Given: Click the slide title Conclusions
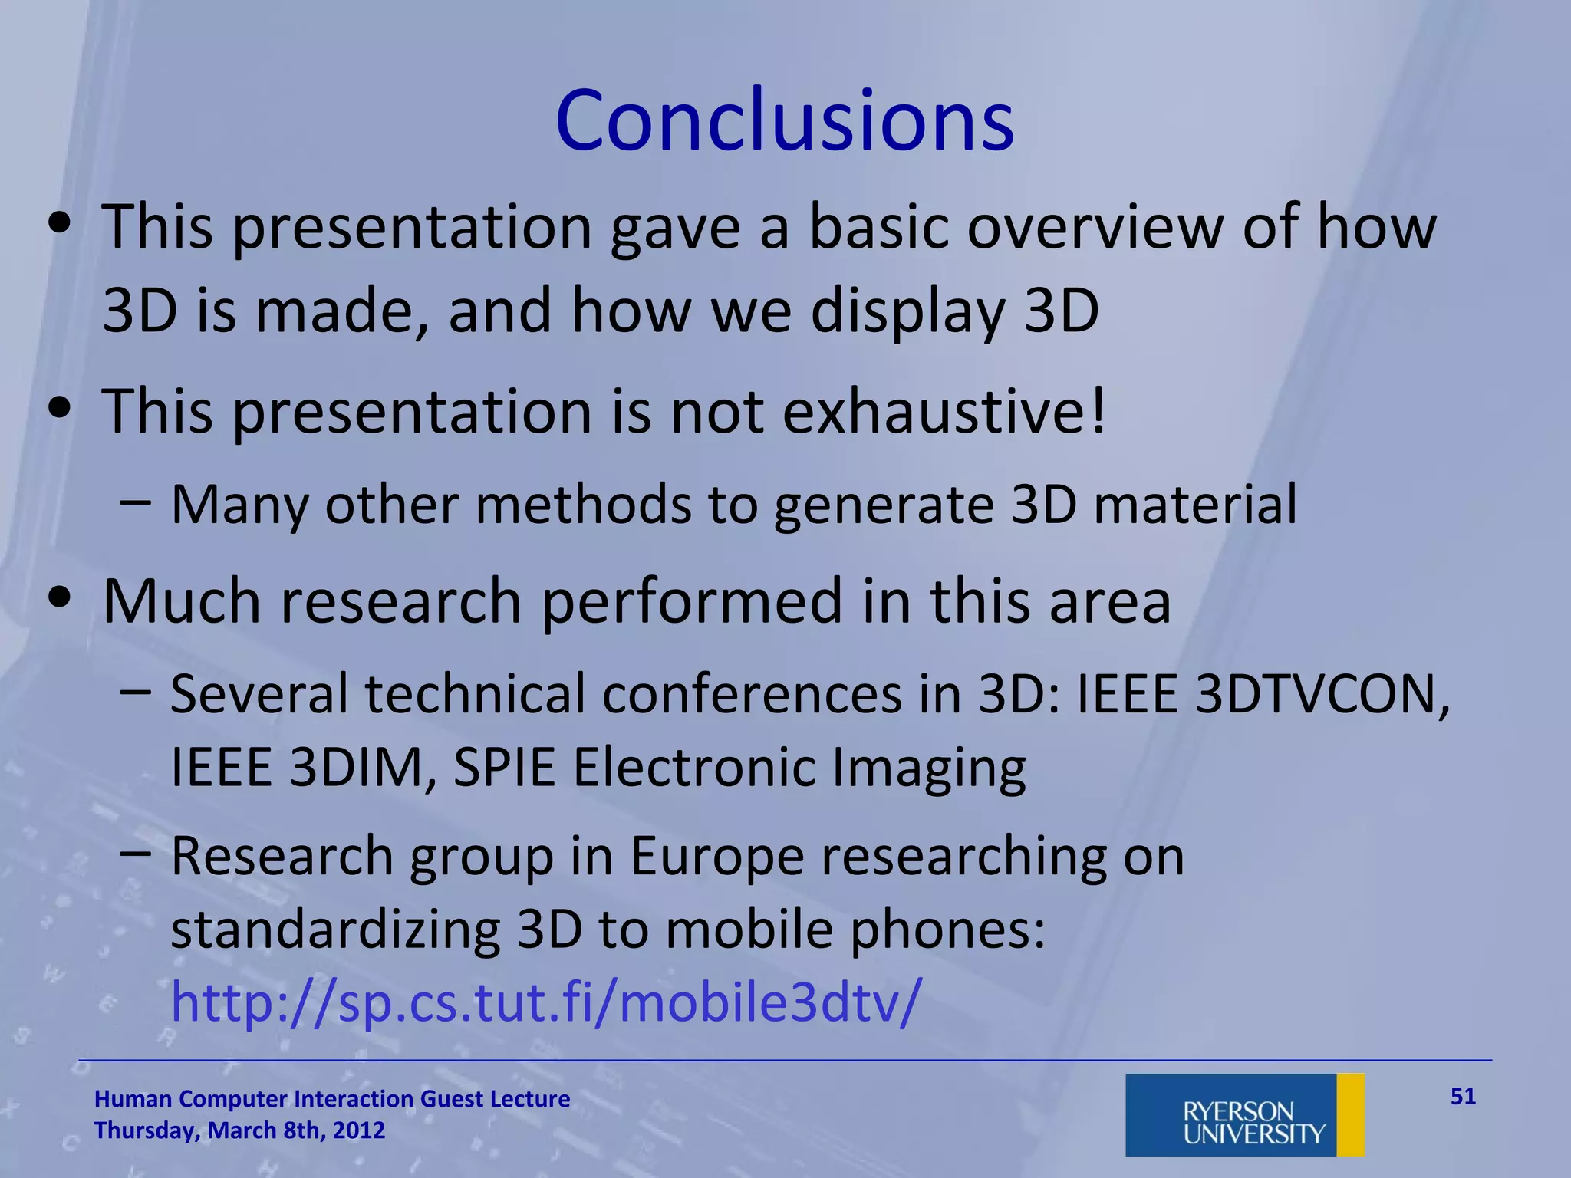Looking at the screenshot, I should point(784,121).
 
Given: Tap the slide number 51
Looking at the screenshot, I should point(1463,1097).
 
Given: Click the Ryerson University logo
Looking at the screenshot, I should point(1244,1115).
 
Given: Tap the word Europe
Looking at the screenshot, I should point(716,856).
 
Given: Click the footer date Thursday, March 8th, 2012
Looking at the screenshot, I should point(239,1130).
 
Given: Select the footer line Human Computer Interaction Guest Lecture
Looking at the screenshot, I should point(331,1099).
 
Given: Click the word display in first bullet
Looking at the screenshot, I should point(907,311).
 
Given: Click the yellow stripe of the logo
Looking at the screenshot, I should point(1350,1115).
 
